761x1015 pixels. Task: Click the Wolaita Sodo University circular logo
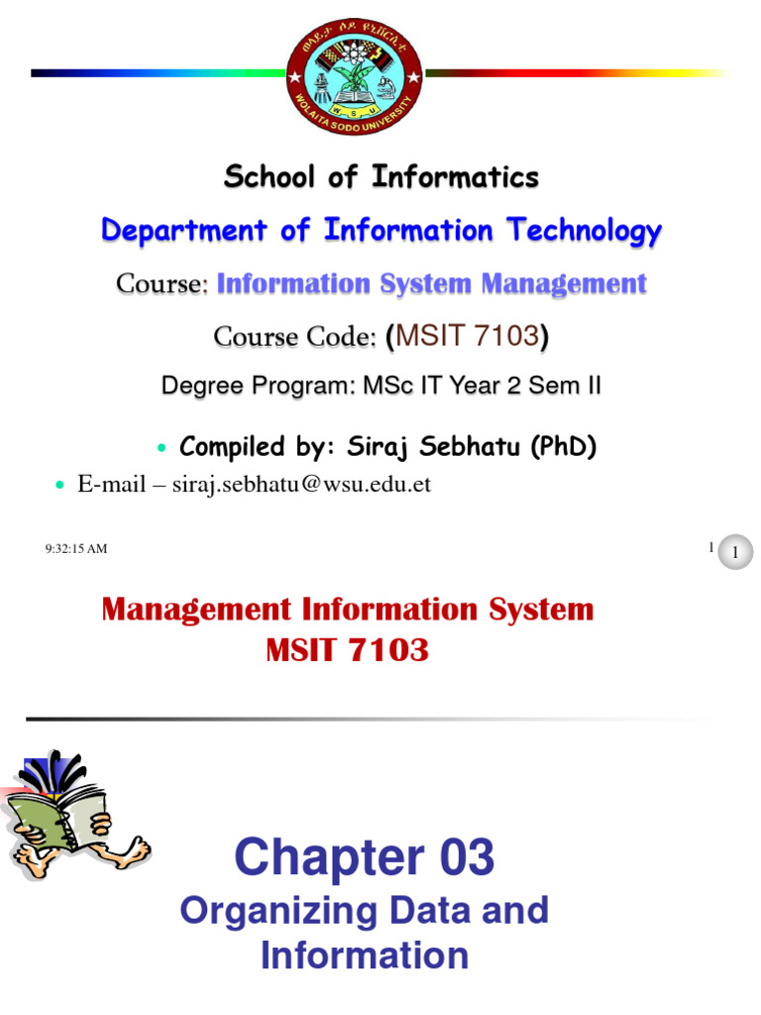pos(355,72)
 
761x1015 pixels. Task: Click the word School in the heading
pos(262,178)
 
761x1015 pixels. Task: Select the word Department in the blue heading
pos(185,232)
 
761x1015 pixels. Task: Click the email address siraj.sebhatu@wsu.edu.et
pos(301,486)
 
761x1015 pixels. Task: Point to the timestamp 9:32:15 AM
pos(76,549)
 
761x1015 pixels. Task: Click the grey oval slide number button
pos(734,553)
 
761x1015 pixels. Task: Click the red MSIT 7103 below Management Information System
pos(347,651)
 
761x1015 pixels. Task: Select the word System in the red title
pos(535,610)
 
